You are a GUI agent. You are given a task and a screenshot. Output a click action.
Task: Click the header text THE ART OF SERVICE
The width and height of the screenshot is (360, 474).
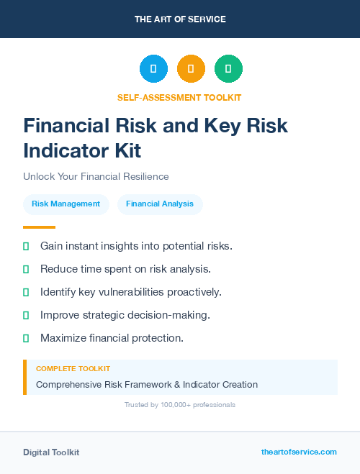point(180,19)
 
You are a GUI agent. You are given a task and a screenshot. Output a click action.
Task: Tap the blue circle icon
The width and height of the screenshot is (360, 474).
point(153,69)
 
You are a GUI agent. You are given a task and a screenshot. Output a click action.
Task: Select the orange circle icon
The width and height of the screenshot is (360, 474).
point(191,69)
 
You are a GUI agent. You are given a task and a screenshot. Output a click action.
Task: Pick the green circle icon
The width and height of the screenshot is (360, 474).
point(228,69)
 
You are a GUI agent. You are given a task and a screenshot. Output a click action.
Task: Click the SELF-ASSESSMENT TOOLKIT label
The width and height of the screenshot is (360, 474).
point(179,97)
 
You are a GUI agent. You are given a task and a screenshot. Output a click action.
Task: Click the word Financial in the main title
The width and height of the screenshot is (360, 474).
point(65,126)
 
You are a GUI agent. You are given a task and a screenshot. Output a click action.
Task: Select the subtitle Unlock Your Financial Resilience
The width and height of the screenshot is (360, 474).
point(96,176)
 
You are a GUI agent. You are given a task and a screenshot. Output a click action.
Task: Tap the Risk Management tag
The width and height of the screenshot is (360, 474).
point(66,204)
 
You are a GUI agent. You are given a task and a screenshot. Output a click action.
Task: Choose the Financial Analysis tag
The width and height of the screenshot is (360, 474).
point(160,204)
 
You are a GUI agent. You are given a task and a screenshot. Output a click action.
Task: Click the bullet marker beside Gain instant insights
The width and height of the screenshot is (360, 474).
point(26,246)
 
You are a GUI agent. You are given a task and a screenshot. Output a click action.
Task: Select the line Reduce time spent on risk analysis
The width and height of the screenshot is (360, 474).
point(125,269)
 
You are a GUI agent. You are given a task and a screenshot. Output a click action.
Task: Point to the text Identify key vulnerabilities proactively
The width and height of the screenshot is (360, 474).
point(130,292)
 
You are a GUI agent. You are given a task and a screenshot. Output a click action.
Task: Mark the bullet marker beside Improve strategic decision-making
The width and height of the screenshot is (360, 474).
point(26,315)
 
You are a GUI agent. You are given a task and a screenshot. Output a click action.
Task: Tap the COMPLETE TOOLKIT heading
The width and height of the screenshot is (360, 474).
point(73,368)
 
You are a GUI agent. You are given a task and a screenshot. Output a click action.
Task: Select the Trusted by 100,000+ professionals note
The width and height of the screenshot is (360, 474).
point(179,405)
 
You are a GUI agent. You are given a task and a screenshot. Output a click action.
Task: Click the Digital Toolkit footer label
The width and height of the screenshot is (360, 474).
point(51,452)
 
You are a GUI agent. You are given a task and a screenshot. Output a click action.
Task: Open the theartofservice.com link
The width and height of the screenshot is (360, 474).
point(299,452)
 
